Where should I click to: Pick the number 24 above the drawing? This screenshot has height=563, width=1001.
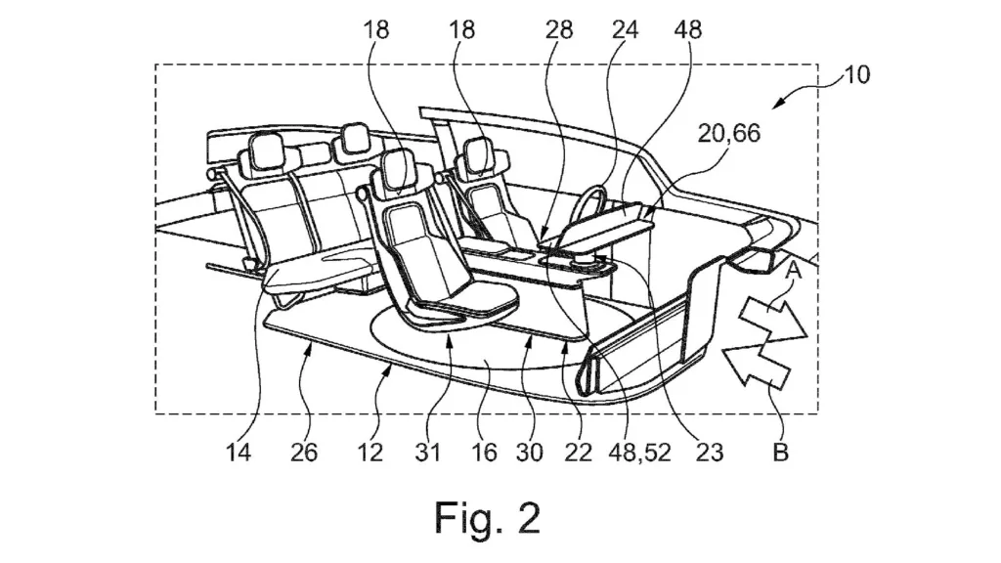pos(625,29)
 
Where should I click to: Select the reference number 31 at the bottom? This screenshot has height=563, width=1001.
pos(428,455)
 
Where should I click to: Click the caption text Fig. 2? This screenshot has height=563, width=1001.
pos(487,517)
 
